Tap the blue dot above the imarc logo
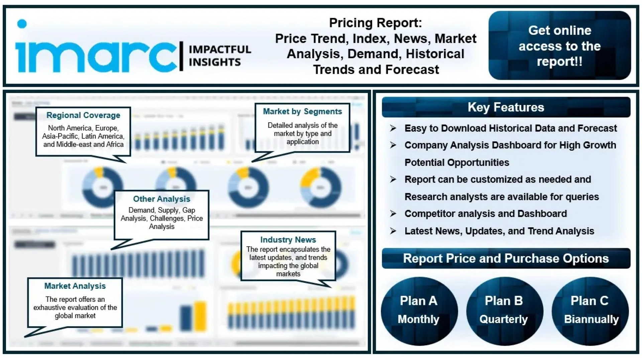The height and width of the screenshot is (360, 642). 22,24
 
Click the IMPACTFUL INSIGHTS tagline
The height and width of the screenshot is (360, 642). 219,56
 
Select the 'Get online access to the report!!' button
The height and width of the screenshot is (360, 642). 559,46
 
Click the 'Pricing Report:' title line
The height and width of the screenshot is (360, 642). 375,23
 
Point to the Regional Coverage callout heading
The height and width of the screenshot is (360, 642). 83,115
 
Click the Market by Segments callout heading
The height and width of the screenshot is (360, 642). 302,112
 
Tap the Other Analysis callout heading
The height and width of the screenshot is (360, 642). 162,199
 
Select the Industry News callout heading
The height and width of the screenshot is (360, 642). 288,240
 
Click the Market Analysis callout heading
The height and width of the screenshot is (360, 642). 75,286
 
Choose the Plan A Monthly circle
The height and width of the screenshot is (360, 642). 419,311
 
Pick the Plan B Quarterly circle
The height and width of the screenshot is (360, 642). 504,311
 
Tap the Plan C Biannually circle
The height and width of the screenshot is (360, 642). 590,311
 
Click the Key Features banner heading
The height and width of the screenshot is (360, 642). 506,107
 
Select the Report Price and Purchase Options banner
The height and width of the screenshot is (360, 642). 506,258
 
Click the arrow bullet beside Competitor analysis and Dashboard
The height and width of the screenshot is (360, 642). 393,214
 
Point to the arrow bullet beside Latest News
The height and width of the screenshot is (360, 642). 393,231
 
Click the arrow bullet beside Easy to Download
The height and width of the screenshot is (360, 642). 393,128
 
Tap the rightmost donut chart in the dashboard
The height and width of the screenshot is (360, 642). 320,188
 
